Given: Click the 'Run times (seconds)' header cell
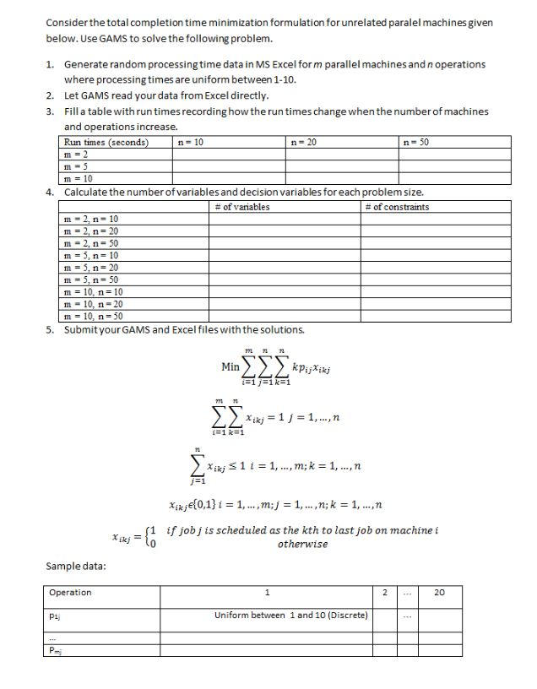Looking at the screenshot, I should coord(106,143).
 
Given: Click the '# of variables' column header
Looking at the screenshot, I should coord(242,207).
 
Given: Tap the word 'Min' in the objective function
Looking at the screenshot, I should coord(230,366).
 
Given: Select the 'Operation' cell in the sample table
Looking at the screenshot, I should coord(71,593).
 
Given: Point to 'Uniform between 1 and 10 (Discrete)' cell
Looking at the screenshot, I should coord(291,615).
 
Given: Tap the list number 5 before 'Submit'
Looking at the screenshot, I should coord(51,328).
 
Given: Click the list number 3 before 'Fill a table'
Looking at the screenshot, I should coord(51,111).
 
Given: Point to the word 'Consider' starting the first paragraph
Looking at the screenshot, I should coord(67,22).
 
